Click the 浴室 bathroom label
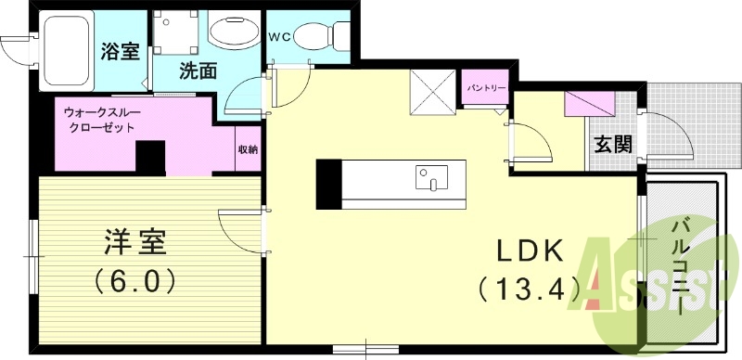coord(121,51)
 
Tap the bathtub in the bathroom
coord(67,50)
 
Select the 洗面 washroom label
coord(198,71)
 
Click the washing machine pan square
coord(175,32)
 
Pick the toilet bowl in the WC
coord(321,36)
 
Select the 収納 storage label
coord(248,149)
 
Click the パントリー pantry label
coord(485,88)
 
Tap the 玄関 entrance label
coord(613,144)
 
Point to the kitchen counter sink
coord(431,177)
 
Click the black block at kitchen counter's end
coord(328,185)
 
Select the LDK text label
coord(531,252)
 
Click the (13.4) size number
coord(529,288)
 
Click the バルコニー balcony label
coord(681,266)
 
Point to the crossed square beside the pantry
coord(432,93)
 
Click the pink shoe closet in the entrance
coord(590,104)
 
